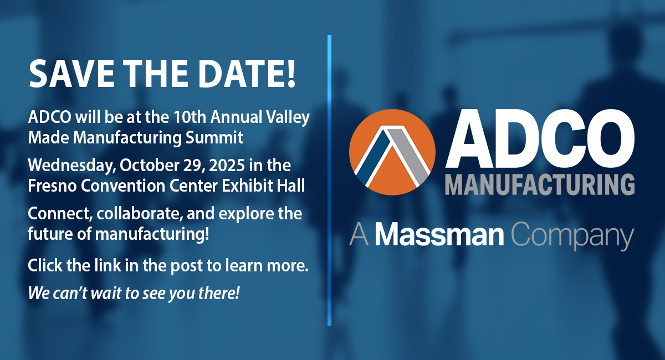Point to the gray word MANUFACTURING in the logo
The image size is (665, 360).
coord(540,184)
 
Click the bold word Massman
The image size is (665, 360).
coord(439,234)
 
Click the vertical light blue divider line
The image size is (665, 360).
coord(329,180)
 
